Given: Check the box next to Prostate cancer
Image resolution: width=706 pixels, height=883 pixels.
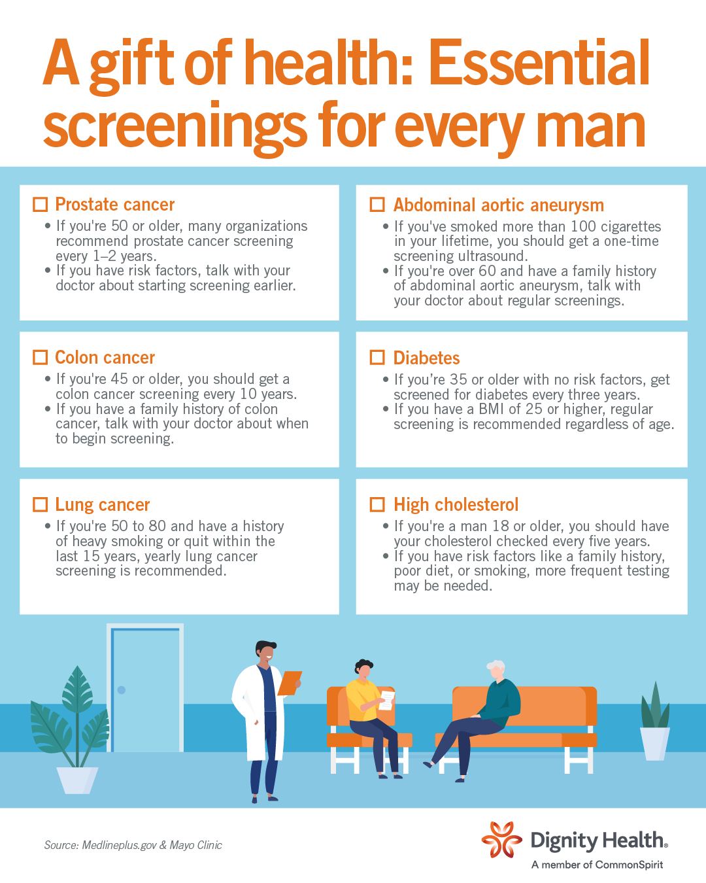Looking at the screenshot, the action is pos(40,204).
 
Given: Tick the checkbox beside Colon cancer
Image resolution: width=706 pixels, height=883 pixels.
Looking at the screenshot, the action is pos(40,357).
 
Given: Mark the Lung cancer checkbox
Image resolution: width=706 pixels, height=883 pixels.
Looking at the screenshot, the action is pos(40,504).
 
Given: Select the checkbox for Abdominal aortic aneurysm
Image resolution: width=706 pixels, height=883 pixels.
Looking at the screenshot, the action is pos(377,204).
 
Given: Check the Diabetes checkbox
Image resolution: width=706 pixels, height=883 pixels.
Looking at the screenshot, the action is pos(377,357).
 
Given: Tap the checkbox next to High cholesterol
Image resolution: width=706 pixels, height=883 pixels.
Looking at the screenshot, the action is pos(377,504).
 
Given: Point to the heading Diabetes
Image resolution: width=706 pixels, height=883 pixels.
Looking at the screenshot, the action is pos(426,358).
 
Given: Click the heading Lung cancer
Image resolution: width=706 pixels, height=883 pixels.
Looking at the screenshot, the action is pos(103,505).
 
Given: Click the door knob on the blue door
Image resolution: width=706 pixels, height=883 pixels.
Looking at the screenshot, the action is pos(122,690).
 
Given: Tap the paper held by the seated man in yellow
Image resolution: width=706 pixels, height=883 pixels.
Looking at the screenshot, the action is pos(386,700).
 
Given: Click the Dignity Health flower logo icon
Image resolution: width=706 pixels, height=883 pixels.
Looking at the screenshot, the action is pos(501,840).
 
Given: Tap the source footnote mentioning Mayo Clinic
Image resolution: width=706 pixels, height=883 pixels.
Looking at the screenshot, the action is pos(133,845).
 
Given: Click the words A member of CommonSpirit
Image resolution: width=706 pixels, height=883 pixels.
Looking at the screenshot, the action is pos(597,865).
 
